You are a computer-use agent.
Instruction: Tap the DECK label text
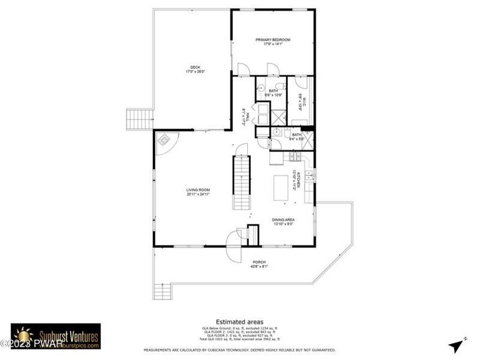[x=196, y=69]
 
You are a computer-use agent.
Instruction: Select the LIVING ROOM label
[x=197, y=192]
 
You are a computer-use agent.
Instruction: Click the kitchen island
[x=281, y=187]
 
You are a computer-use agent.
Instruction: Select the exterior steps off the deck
[x=139, y=119]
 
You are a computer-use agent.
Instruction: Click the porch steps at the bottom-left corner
[x=163, y=292]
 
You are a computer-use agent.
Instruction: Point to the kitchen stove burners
[x=295, y=157]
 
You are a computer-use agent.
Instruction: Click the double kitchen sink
[x=309, y=175]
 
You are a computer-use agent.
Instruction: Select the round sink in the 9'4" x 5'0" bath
[x=277, y=133]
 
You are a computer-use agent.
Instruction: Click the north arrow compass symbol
[x=455, y=346]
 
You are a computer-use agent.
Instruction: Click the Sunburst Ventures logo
[x=55, y=336]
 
